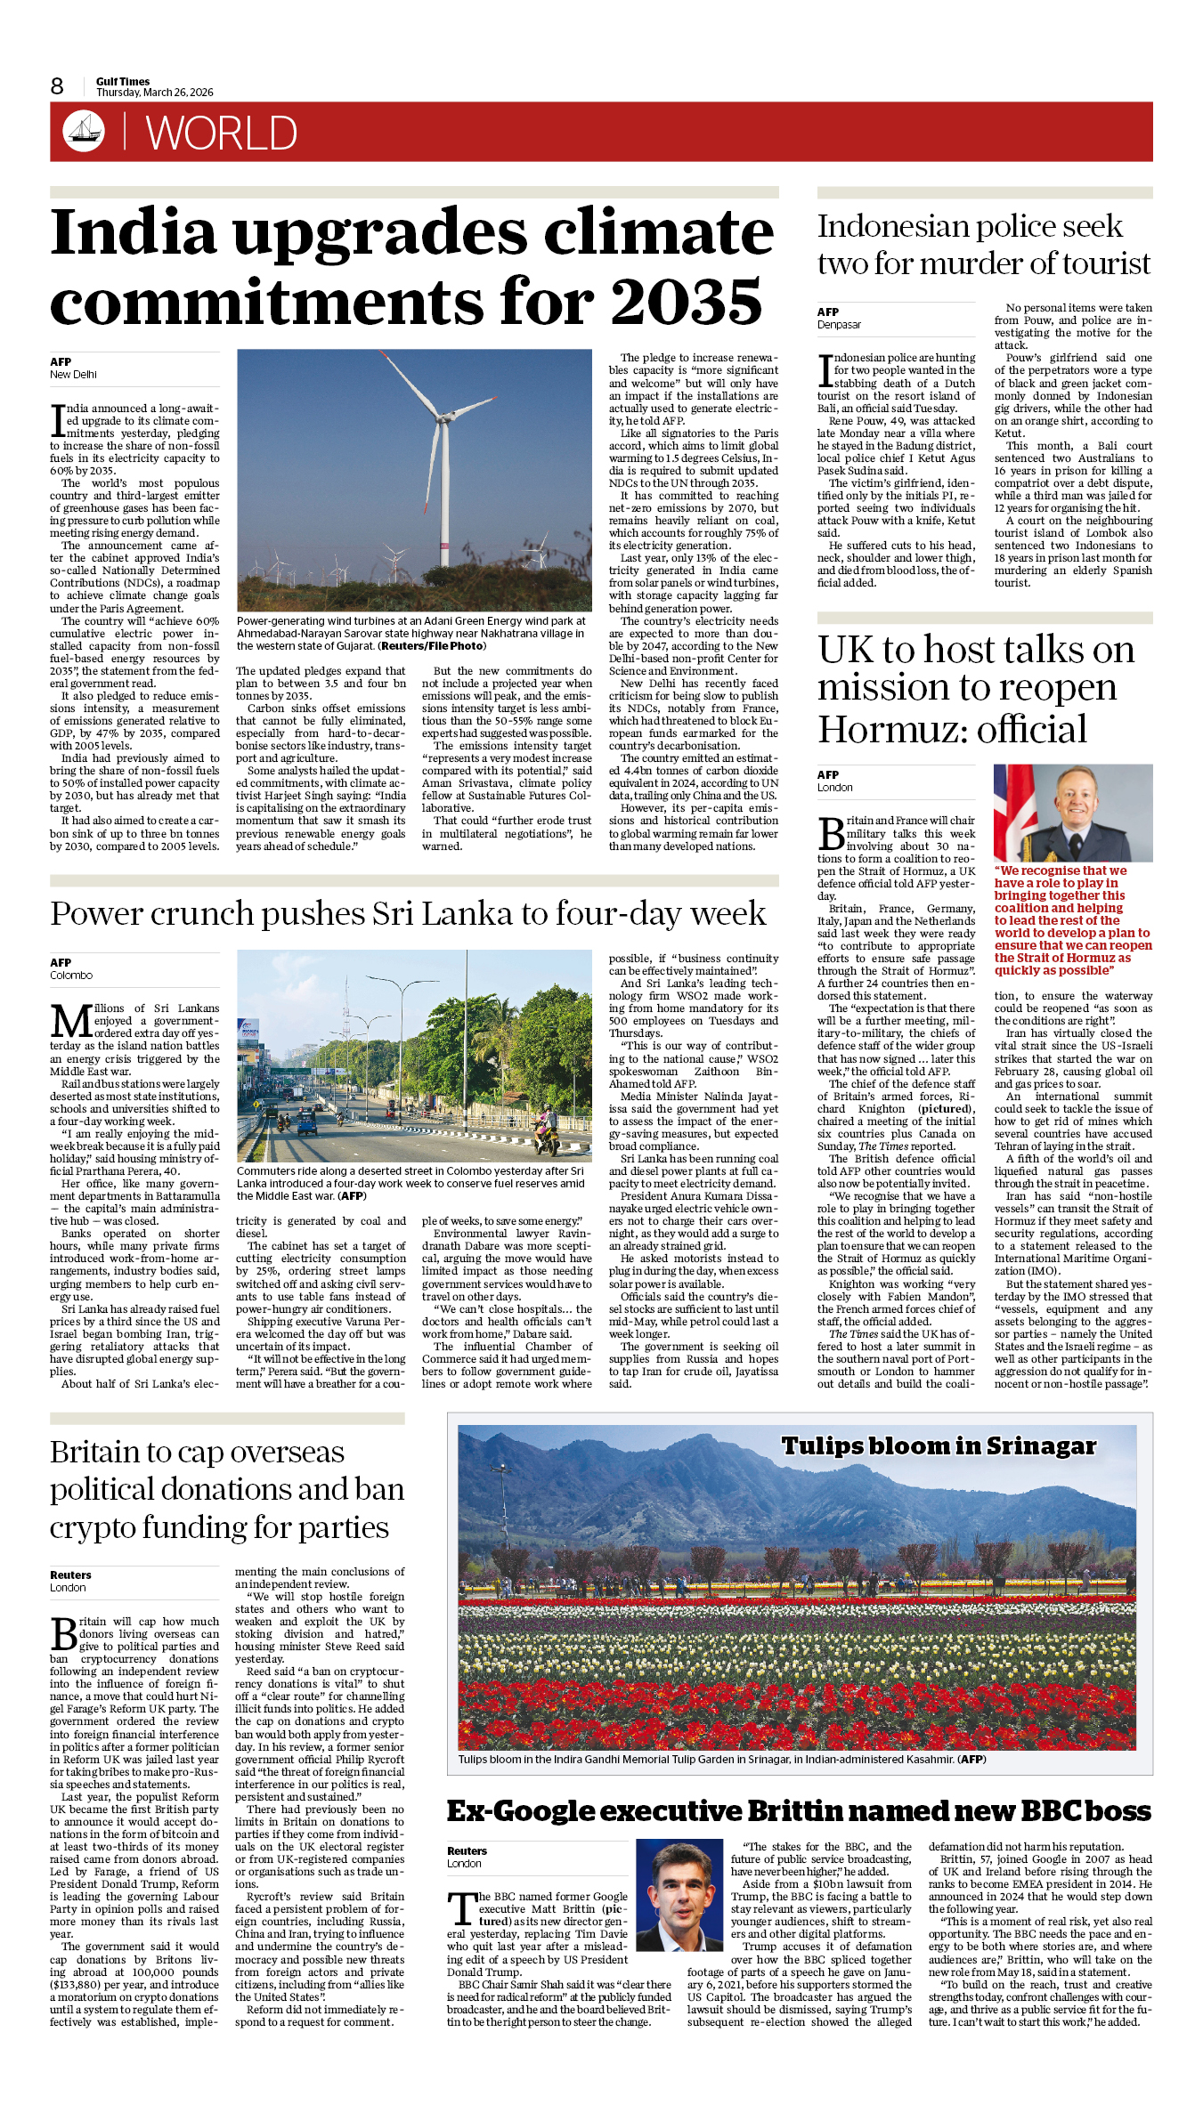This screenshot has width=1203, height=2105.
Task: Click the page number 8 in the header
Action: (x=57, y=86)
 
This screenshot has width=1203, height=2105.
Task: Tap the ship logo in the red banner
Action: (x=84, y=130)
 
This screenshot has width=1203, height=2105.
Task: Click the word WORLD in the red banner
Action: (x=221, y=134)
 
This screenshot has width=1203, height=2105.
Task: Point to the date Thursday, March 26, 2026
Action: (x=155, y=93)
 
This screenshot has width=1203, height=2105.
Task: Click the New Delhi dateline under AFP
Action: (x=73, y=375)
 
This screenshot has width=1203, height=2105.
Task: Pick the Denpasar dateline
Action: (x=839, y=325)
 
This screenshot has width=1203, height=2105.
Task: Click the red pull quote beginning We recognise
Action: (x=1072, y=920)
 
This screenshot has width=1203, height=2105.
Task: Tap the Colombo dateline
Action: (x=71, y=976)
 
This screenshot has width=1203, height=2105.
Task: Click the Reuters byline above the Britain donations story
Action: (x=70, y=1575)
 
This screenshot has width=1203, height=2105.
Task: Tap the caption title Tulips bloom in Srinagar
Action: (x=939, y=1445)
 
